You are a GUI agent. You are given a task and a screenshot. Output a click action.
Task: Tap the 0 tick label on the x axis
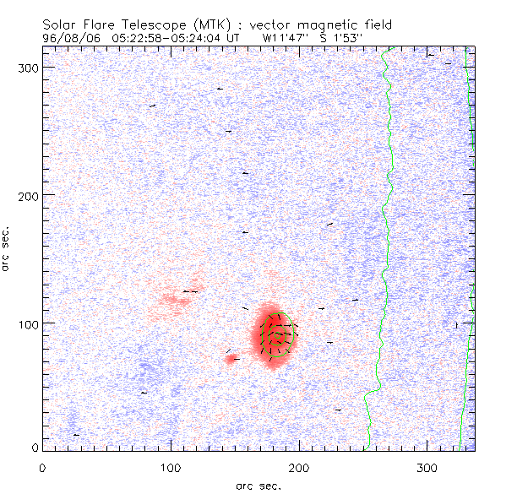click(x=42, y=467)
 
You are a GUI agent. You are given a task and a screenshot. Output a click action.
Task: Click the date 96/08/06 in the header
click(x=69, y=38)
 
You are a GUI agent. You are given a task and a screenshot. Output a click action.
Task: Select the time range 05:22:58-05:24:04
click(x=166, y=38)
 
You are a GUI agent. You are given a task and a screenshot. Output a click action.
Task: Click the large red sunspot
click(x=275, y=334)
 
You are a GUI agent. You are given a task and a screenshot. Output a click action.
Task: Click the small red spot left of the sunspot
click(x=231, y=359)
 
